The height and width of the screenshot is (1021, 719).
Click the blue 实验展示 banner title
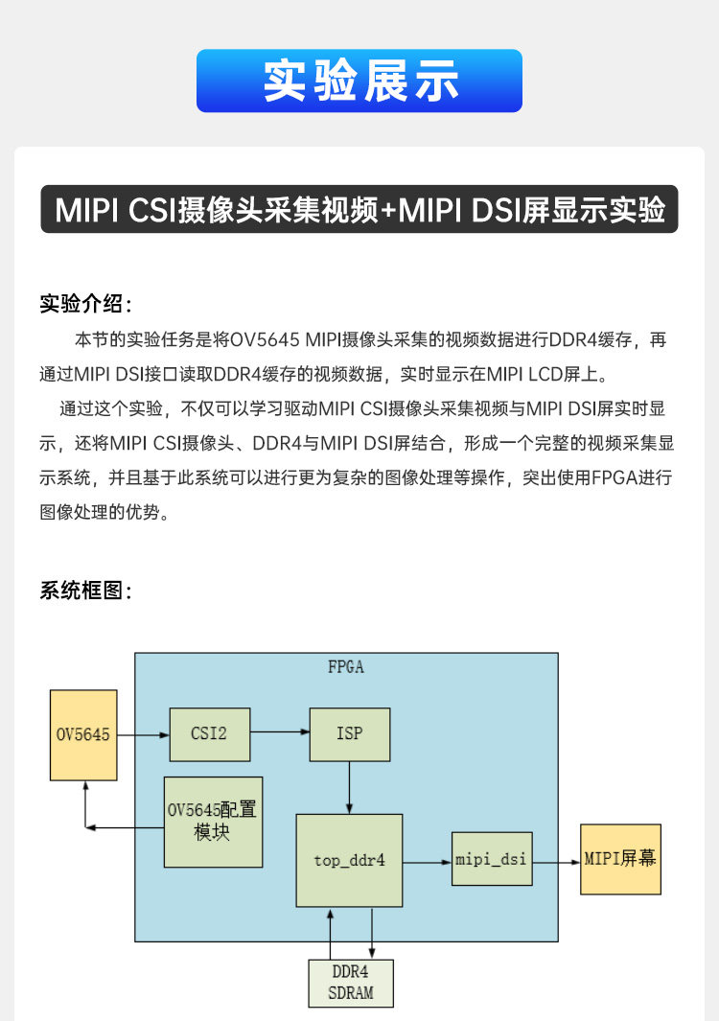(359, 81)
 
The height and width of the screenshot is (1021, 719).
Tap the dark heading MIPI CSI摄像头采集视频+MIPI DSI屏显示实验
(359, 210)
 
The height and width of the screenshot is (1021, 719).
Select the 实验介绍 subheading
(84, 304)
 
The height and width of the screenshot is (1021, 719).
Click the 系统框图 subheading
(84, 591)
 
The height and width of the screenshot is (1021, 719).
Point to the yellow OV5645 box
(83, 734)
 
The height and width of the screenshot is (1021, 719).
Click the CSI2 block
(209, 734)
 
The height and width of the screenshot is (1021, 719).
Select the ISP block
(349, 734)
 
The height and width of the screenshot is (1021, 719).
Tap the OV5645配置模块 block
(213, 822)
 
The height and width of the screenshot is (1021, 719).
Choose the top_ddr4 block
(349, 860)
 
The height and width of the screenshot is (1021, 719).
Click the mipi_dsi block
(492, 859)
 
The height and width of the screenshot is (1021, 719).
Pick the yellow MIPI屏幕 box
(620, 859)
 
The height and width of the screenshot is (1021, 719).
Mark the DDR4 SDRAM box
(351, 982)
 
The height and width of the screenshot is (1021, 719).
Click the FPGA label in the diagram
(346, 667)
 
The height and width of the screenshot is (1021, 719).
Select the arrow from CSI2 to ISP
(280, 733)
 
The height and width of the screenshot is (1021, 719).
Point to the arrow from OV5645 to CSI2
(143, 735)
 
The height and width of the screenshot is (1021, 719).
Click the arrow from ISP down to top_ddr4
(349, 787)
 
